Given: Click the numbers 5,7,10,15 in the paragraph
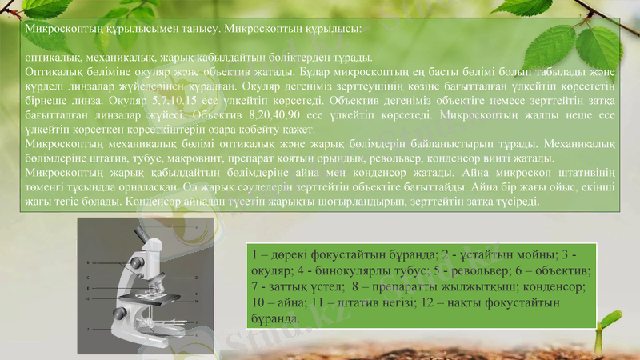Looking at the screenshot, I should pos(176,102).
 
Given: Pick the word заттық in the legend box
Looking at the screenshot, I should pos(287,286).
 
